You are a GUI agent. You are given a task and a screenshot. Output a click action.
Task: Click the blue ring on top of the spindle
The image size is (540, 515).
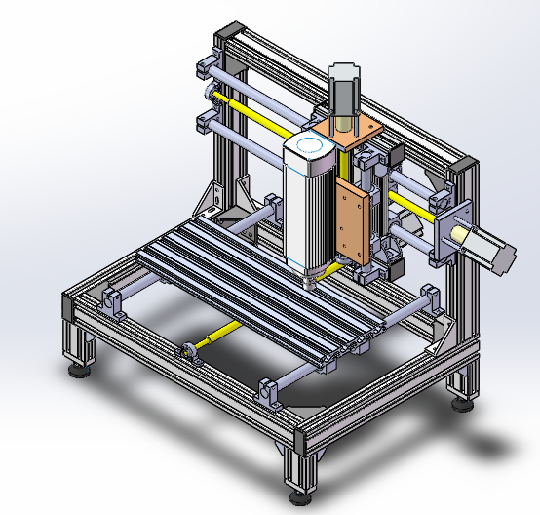(312, 145)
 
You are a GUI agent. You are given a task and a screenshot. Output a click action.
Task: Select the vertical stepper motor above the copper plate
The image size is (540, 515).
(343, 93)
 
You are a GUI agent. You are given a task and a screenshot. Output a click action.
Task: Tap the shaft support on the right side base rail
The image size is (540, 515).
(430, 297)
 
